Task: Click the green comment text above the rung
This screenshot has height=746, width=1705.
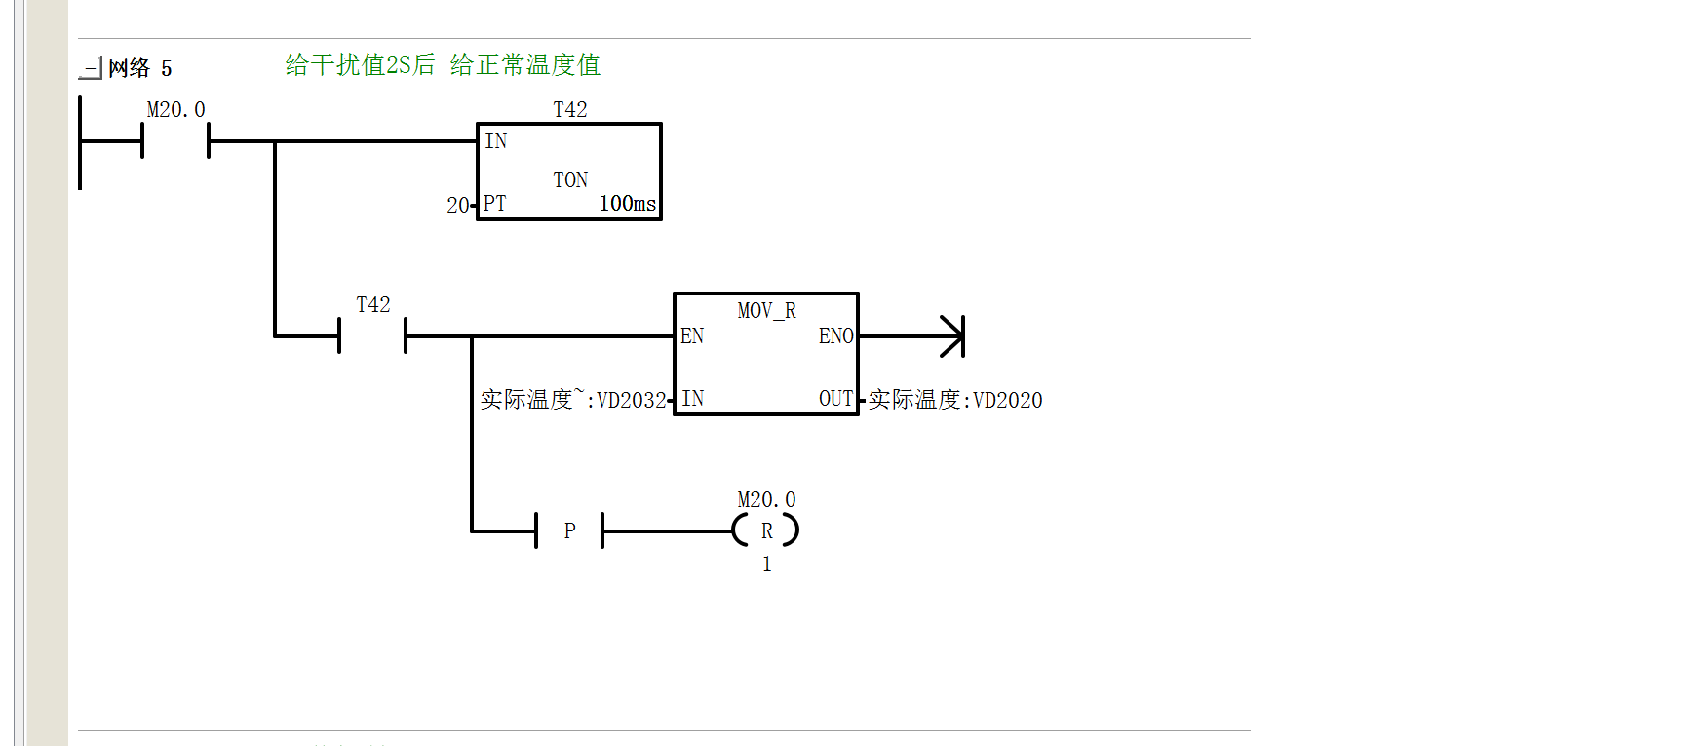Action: pyautogui.click(x=443, y=65)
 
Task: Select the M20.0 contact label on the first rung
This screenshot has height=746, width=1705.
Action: pyautogui.click(x=175, y=110)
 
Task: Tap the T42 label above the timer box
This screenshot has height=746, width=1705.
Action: pyautogui.click(x=570, y=110)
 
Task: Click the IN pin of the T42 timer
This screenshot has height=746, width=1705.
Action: pyautogui.click(x=496, y=141)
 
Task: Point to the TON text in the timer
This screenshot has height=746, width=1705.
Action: pyautogui.click(x=570, y=180)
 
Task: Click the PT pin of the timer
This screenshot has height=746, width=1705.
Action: pyautogui.click(x=495, y=204)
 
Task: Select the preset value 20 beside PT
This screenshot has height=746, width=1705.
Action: pyautogui.click(x=458, y=206)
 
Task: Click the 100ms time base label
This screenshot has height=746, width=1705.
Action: pyautogui.click(x=628, y=204)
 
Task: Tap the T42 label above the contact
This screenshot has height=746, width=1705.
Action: pyautogui.click(x=373, y=305)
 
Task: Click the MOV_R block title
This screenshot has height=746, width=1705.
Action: pyautogui.click(x=766, y=311)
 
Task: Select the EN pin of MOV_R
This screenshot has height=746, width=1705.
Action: pyautogui.click(x=692, y=336)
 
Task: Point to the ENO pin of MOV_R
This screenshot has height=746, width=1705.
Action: pyautogui.click(x=836, y=336)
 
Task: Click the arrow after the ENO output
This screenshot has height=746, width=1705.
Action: pyautogui.click(x=911, y=336)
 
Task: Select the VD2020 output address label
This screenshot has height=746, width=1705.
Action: pyautogui.click(x=1008, y=401)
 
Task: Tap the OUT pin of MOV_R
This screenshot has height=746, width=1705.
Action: pyautogui.click(x=836, y=399)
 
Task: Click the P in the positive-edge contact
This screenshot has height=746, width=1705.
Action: pyautogui.click(x=570, y=531)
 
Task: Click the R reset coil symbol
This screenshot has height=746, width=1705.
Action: pyautogui.click(x=766, y=531)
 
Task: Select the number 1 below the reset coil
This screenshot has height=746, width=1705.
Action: pyautogui.click(x=767, y=565)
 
